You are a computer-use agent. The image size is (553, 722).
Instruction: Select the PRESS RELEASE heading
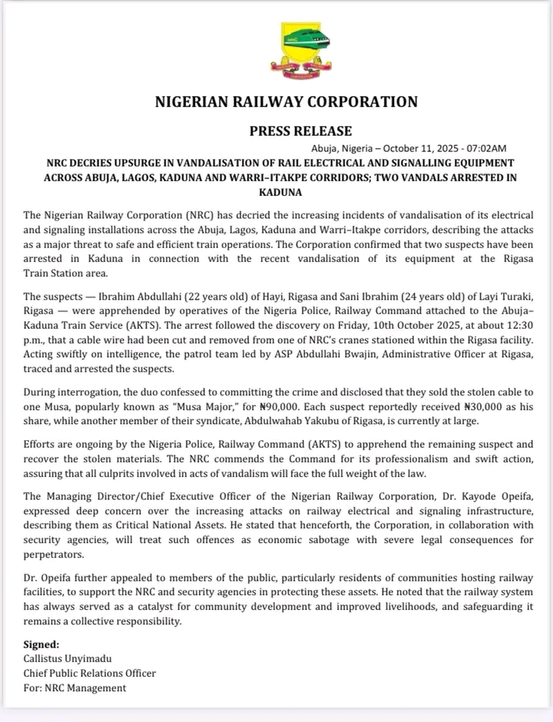[x=300, y=131]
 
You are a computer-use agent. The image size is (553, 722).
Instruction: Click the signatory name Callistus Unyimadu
[x=68, y=659]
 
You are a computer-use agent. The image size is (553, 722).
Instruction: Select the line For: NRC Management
[x=75, y=687]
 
